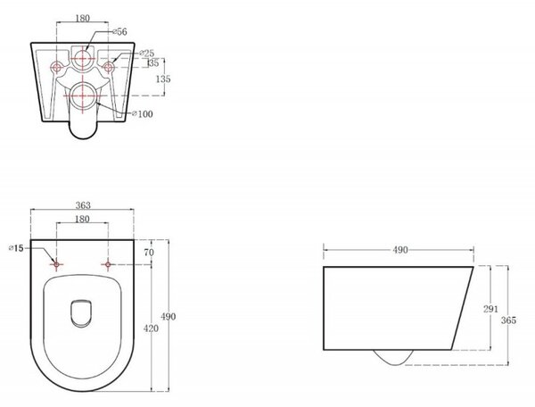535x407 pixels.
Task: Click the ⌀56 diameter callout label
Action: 119,32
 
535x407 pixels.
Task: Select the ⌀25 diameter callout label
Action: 147,54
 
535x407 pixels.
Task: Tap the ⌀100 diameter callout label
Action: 143,114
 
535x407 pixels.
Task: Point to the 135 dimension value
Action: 163,79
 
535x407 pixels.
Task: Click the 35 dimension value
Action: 153,63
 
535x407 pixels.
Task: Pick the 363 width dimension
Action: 83,205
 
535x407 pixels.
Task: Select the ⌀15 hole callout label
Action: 16,248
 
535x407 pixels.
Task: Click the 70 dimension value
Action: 149,253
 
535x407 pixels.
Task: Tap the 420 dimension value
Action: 152,328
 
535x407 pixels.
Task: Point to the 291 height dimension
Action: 490,309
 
